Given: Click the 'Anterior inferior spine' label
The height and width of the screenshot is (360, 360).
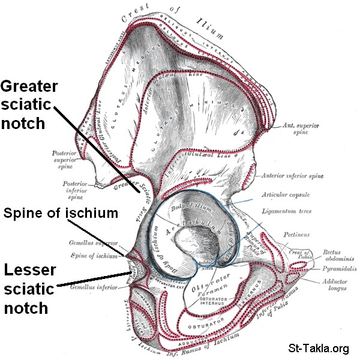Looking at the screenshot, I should point(292,176).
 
